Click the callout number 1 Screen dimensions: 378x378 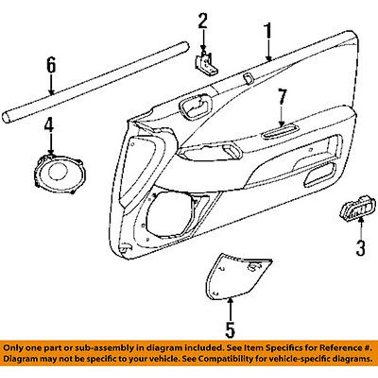(x=268, y=30)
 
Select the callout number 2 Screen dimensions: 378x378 (x=203, y=22)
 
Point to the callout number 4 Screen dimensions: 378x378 (x=49, y=127)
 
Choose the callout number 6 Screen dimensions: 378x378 (x=51, y=64)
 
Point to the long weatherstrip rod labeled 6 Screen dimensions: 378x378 (x=93, y=80)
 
